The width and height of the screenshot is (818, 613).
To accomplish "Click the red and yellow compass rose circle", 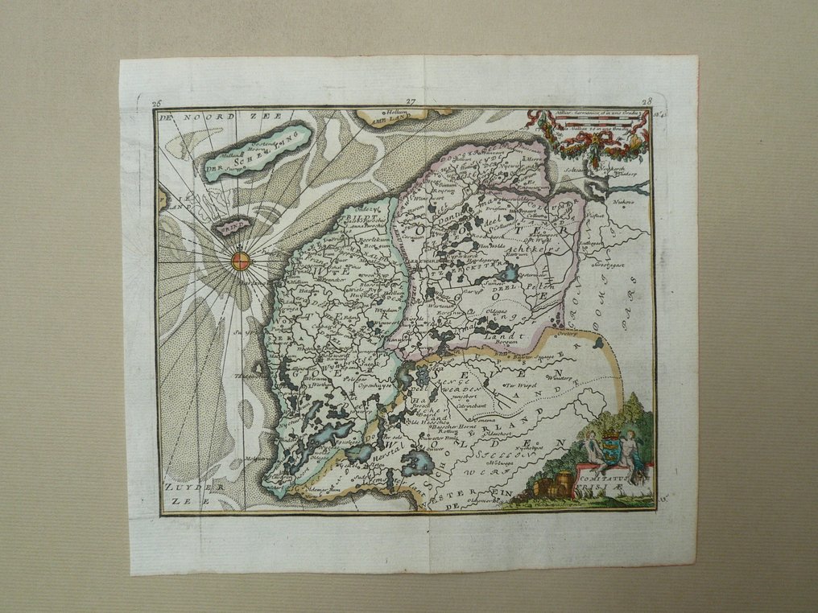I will point(242,260).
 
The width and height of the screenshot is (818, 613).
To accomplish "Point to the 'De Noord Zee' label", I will point(197,117).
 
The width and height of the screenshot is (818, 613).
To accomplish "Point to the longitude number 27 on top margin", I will point(410,102).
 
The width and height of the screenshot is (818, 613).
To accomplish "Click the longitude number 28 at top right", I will point(647,102).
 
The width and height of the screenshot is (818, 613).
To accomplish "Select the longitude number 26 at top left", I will point(156,103).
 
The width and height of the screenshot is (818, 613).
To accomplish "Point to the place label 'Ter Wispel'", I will point(522,386).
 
